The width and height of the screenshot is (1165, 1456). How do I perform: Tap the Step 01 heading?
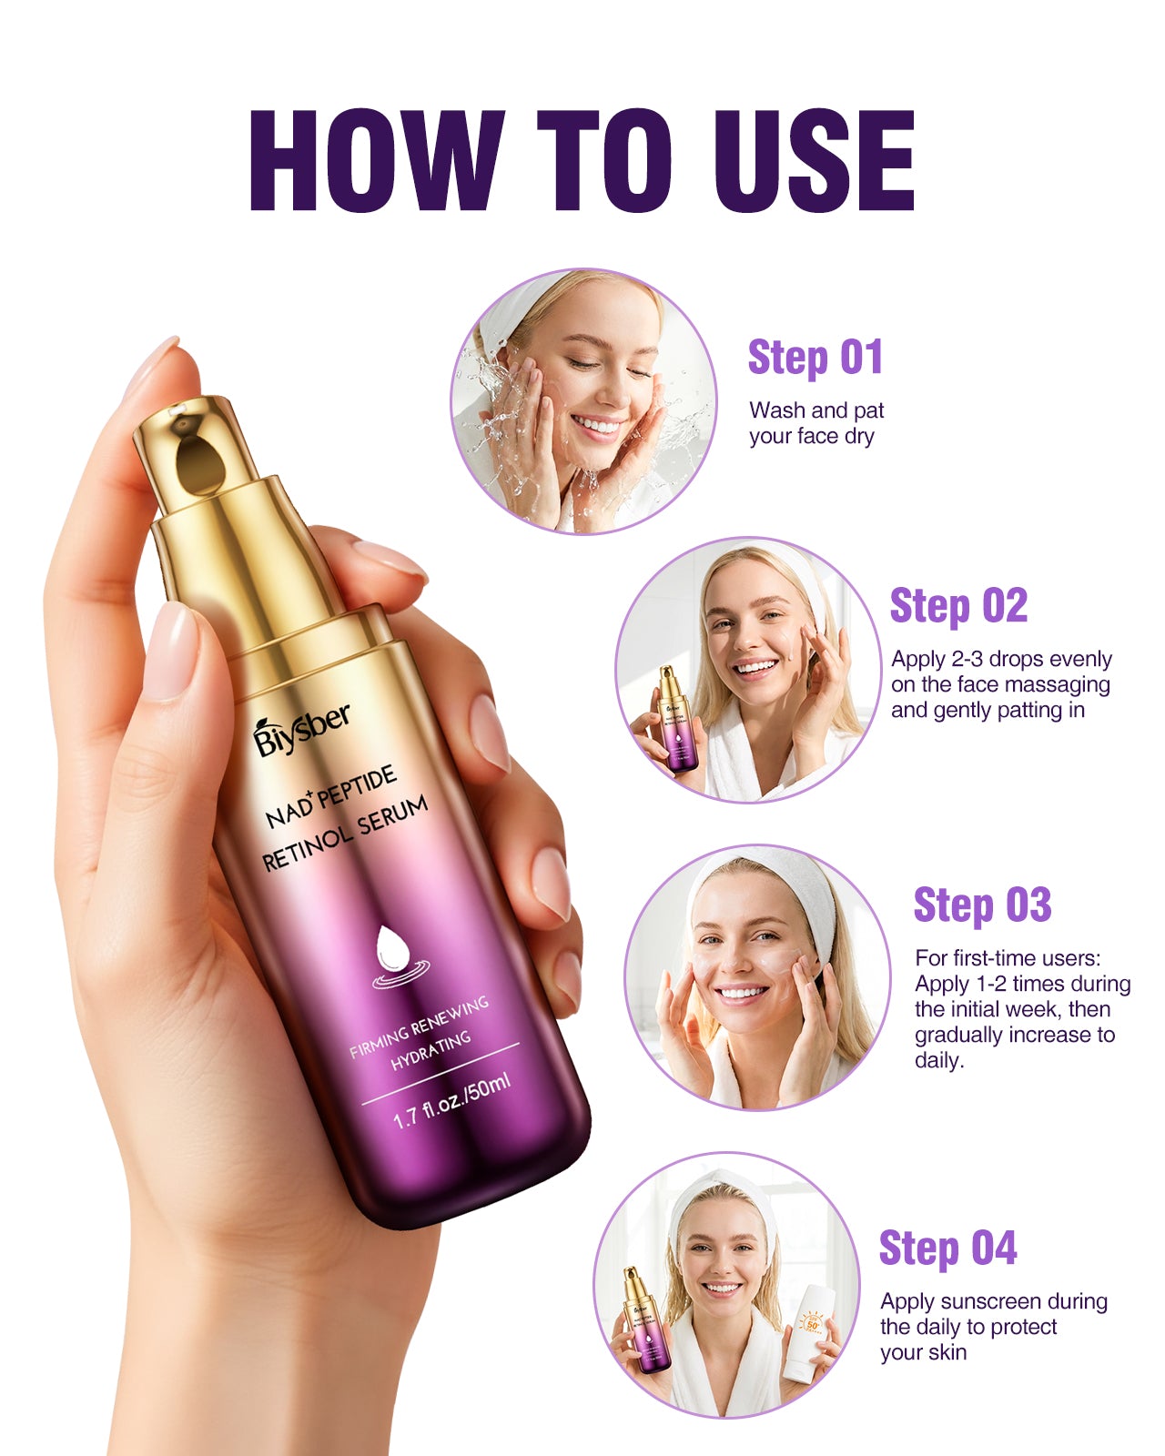[815, 357]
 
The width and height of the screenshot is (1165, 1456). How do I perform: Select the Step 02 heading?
[958, 606]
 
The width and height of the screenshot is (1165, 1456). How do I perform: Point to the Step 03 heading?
[982, 905]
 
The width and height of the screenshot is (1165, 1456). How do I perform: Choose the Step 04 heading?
[947, 1248]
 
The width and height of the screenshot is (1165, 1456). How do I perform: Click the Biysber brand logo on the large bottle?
[301, 729]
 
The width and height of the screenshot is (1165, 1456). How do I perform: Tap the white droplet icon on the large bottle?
[394, 948]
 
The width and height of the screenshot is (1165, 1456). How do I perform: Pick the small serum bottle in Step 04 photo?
[643, 1319]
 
